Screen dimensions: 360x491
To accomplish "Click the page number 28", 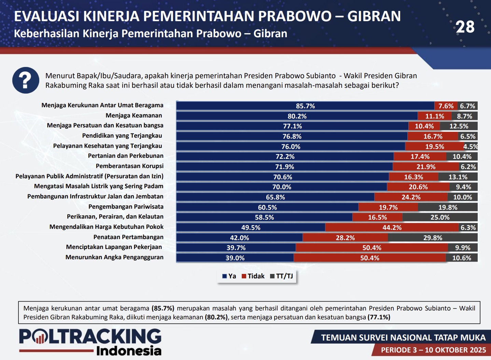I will [x=465, y=27].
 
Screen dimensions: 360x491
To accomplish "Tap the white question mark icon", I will [x=26, y=80].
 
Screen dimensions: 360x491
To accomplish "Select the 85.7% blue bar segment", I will [x=305, y=106].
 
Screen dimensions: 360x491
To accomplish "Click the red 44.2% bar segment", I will [x=392, y=227].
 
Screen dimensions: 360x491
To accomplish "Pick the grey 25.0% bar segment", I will [x=440, y=217].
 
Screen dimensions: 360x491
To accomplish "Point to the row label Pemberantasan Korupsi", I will [x=129, y=166].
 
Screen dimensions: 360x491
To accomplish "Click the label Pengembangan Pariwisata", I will [x=126, y=207].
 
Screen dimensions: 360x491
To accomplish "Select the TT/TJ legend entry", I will [x=282, y=276].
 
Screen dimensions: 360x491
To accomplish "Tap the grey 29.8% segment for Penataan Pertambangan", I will [x=433, y=238].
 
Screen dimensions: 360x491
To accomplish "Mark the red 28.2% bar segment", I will [x=345, y=238].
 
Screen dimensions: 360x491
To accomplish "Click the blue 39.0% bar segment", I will [x=235, y=258].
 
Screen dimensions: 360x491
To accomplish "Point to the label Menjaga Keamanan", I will [x=134, y=115].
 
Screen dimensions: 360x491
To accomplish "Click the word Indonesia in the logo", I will [x=129, y=350].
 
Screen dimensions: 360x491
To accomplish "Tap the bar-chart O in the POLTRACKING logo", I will [x=40, y=337].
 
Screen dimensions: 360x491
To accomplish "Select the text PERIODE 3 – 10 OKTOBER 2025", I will [x=433, y=350].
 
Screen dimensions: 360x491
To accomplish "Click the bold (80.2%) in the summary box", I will [x=216, y=317].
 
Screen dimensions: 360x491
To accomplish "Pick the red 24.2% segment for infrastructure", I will [x=411, y=197].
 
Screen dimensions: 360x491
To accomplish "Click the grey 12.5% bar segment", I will [x=459, y=126].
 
